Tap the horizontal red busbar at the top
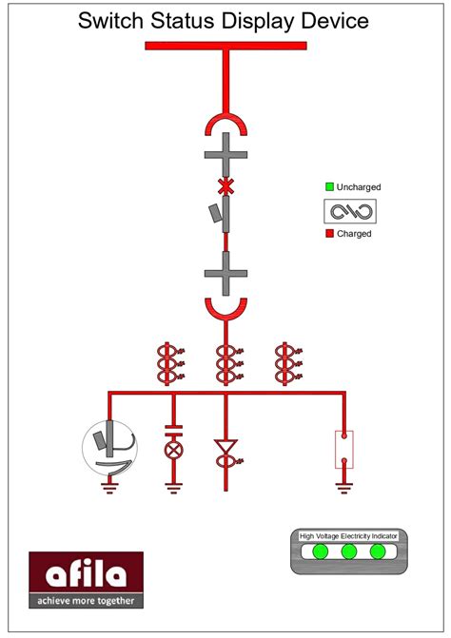point(225,46)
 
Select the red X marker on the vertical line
point(225,184)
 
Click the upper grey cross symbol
point(225,153)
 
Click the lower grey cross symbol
point(225,275)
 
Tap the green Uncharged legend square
point(329,187)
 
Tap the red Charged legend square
point(329,233)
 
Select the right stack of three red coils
point(284,364)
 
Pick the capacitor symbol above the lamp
point(173,426)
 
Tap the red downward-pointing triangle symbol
point(225,447)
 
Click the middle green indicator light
point(349,551)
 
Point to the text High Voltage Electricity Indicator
point(349,536)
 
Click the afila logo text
point(86,574)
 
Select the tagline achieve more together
point(86,600)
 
